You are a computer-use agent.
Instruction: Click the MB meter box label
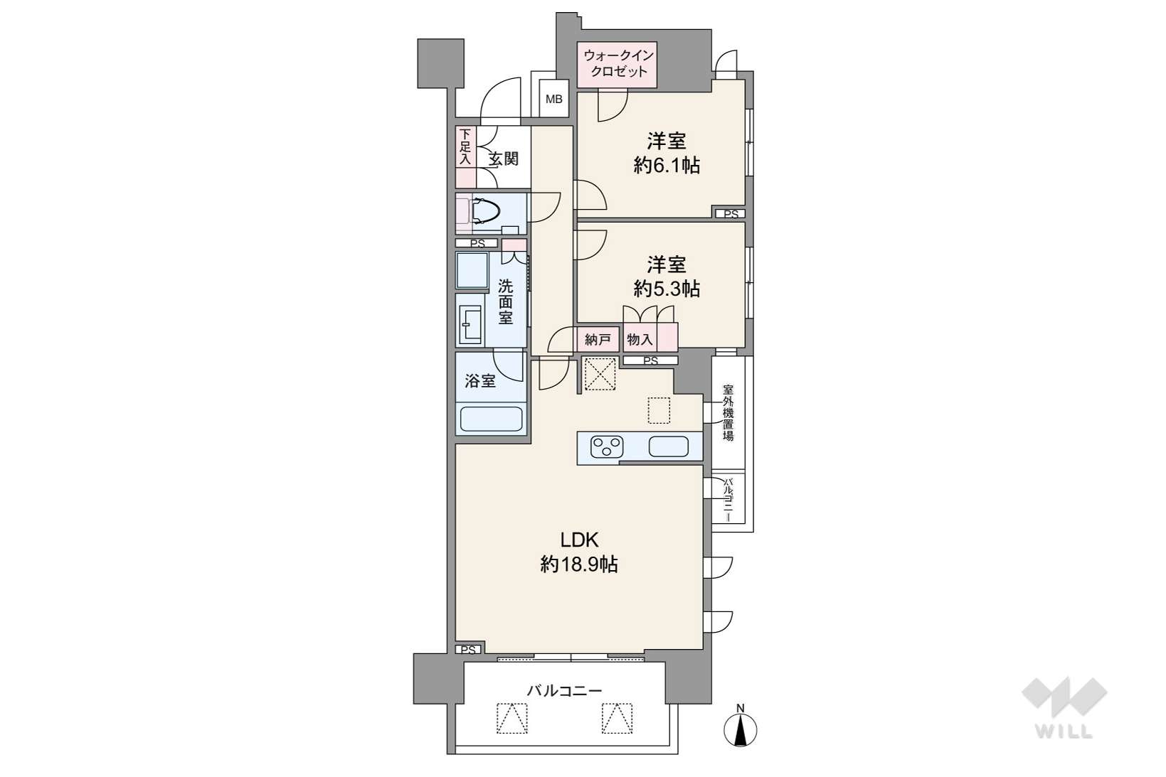click(x=554, y=98)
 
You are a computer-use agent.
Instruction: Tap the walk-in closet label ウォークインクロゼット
click(x=618, y=63)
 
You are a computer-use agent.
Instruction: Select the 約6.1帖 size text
click(x=667, y=166)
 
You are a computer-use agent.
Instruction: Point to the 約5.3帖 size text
click(x=667, y=289)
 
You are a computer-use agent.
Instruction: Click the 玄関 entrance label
click(x=504, y=159)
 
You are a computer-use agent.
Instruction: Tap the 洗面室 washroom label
click(x=505, y=301)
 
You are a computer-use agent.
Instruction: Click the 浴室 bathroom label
click(x=480, y=381)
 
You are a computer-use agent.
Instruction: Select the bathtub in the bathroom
click(x=492, y=419)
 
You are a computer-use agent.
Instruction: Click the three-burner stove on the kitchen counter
click(x=606, y=446)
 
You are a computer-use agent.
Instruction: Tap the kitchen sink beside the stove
click(x=669, y=446)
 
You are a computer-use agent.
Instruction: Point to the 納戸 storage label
click(x=598, y=340)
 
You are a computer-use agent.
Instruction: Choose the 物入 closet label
click(x=640, y=340)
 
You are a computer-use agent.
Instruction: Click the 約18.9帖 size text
click(x=579, y=564)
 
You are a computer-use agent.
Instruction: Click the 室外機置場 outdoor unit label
click(x=728, y=413)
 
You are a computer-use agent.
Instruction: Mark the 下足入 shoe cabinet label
click(x=465, y=147)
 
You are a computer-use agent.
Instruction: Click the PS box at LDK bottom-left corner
click(x=469, y=650)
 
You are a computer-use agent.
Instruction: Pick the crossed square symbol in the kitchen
click(x=600, y=373)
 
